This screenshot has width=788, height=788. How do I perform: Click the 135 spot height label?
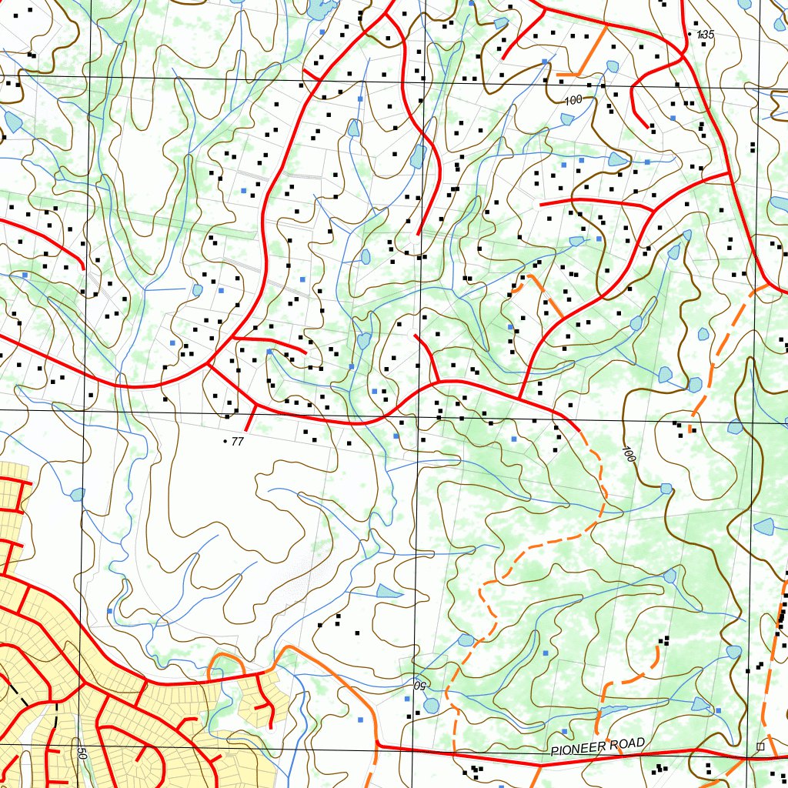(x=706, y=35)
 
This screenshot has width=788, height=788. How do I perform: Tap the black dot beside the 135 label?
(x=689, y=35)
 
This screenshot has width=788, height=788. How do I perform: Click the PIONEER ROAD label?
(x=598, y=747)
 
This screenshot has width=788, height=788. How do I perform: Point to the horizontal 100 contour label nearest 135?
(x=573, y=100)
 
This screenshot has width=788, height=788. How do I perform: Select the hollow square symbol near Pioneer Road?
(x=760, y=746)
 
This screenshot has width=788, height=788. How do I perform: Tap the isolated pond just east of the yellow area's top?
(x=77, y=494)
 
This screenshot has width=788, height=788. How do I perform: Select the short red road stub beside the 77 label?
(x=249, y=419)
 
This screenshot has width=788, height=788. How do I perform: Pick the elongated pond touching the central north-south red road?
(x=418, y=156)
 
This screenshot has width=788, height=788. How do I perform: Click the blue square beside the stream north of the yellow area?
(x=109, y=611)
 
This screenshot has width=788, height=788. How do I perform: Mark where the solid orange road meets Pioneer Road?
(x=377, y=745)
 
